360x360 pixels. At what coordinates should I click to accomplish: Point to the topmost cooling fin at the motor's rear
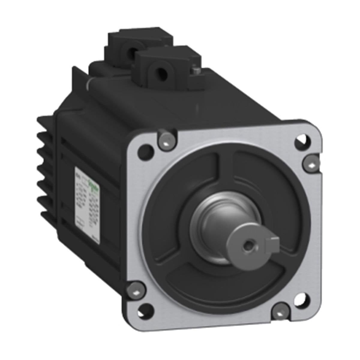pos(45,121)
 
